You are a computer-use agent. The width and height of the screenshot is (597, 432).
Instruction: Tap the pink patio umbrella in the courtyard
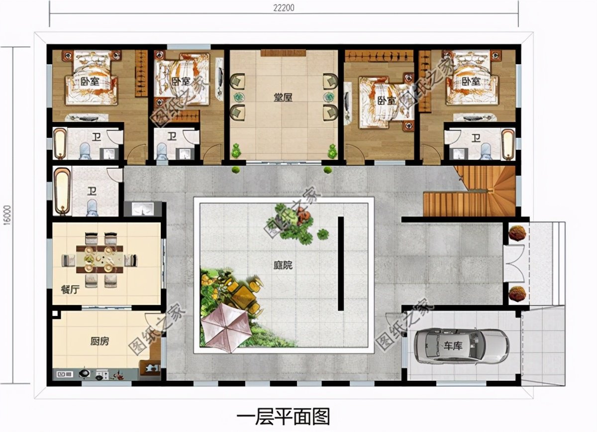(x=226, y=327)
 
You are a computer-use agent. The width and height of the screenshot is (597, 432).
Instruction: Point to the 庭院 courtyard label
(x=282, y=265)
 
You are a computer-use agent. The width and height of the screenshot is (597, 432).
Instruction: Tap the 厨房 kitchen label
(x=99, y=341)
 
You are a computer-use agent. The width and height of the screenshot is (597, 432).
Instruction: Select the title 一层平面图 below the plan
(x=283, y=416)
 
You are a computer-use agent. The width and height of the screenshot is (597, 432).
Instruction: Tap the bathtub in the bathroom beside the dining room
(x=62, y=191)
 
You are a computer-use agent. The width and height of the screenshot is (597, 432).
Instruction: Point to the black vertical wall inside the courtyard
(x=341, y=263)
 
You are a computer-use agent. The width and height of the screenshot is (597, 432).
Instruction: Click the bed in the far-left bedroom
(x=93, y=80)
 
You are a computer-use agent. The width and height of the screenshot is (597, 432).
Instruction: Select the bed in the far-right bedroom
(x=470, y=80)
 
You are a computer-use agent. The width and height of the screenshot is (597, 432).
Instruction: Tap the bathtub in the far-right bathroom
(x=507, y=144)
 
